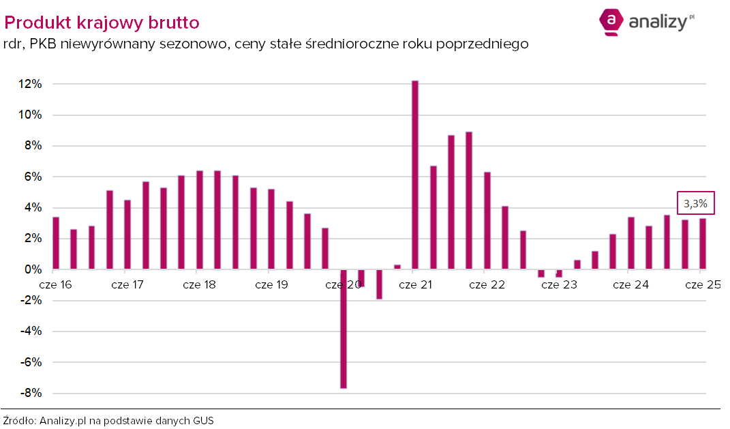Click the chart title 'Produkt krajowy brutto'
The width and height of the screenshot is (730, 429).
pos(102,23)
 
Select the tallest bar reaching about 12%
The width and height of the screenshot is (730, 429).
pos(415,175)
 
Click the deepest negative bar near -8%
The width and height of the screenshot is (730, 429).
pos(344,329)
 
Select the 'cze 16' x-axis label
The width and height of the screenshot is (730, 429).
pos(56,284)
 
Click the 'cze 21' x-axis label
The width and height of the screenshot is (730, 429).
pos(416,284)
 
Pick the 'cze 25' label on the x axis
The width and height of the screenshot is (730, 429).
pos(703,284)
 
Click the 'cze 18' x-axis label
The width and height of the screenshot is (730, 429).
pos(200,284)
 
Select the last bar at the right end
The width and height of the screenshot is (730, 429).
pos(702,244)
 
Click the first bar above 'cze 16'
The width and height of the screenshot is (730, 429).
pos(56,243)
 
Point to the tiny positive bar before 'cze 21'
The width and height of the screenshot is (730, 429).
pos(397,267)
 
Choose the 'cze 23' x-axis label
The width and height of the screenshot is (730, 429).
pos(559,284)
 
